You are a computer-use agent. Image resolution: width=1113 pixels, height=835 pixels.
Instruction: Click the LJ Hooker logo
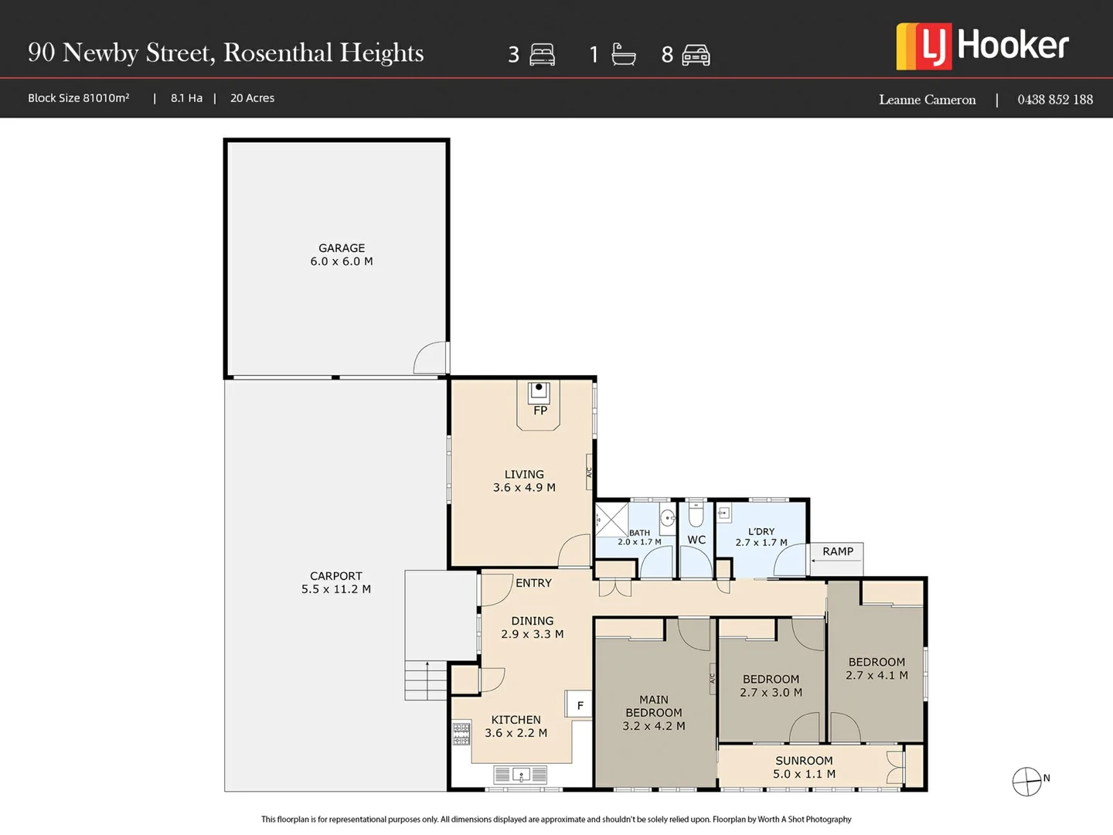(982, 46)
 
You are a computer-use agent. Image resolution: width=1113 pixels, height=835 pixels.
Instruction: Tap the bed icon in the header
(542, 55)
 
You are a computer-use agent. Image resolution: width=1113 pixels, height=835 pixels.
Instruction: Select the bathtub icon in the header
(623, 54)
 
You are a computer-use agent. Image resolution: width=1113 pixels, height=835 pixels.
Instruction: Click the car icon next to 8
(696, 55)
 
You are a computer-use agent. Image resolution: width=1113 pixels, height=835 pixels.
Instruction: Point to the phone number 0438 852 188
(1054, 100)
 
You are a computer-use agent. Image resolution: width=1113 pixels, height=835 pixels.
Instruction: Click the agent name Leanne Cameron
(927, 100)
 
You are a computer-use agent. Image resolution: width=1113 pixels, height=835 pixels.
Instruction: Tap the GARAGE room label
(342, 248)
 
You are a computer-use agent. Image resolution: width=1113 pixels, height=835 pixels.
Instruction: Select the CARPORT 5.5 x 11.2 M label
(336, 582)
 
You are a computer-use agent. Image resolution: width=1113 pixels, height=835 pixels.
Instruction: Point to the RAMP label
(838, 551)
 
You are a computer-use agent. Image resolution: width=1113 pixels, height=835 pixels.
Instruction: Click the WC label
(696, 540)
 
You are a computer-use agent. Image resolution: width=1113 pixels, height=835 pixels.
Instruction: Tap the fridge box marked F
(580, 705)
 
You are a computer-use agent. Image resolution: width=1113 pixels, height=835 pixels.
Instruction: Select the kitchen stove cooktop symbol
(461, 734)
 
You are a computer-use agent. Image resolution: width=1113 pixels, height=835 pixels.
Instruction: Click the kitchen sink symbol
(520, 774)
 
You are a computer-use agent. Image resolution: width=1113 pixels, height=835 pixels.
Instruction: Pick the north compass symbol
(1027, 782)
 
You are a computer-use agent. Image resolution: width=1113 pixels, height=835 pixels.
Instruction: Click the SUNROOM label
(804, 761)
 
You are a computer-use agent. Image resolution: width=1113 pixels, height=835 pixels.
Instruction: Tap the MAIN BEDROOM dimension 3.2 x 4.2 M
(654, 726)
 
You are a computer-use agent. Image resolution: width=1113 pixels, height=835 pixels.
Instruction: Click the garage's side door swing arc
(431, 358)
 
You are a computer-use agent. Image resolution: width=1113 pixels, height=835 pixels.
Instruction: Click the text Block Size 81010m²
(79, 98)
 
